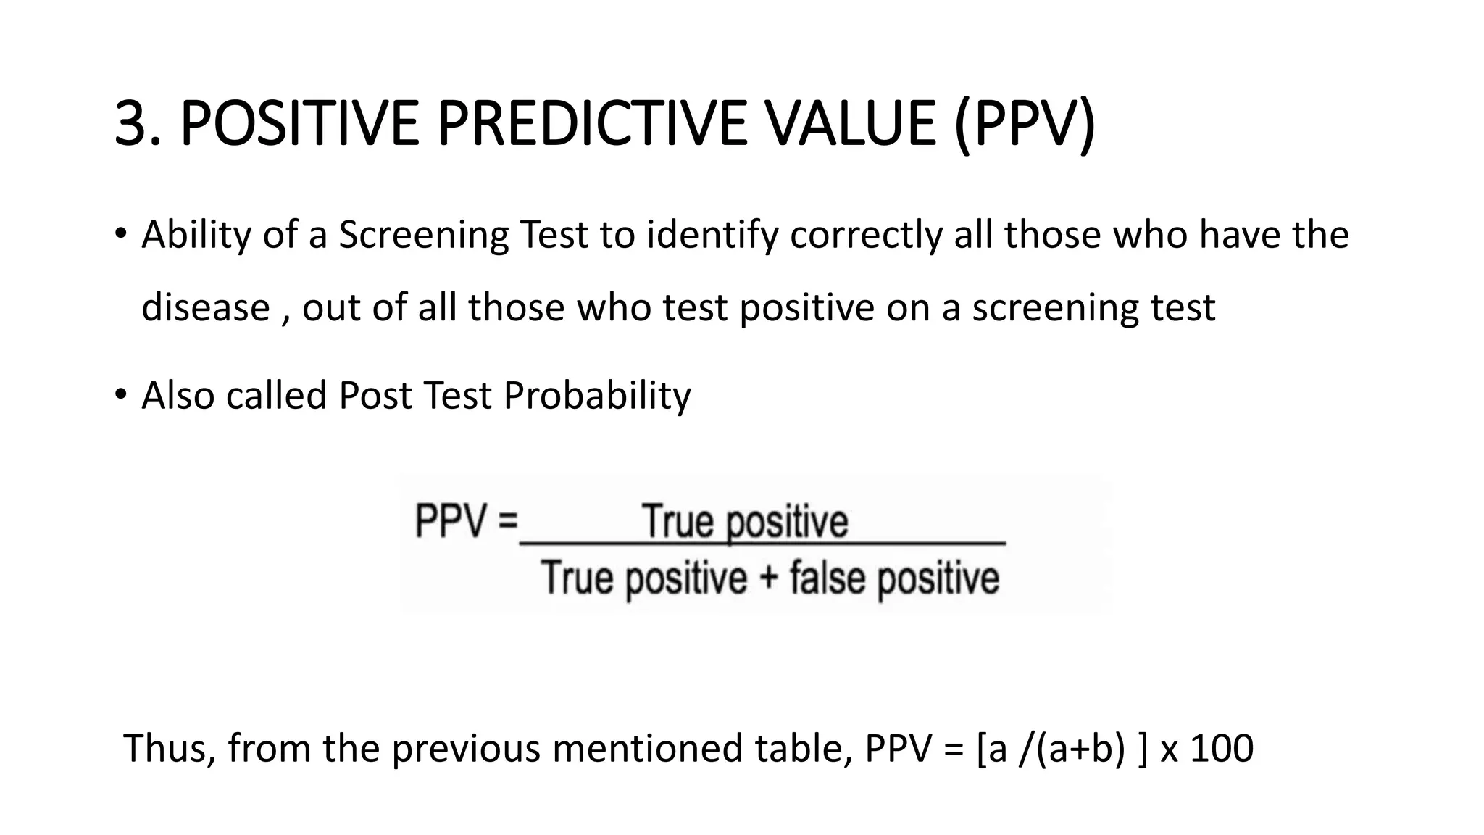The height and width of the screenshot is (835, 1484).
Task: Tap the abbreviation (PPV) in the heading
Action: tap(1025, 123)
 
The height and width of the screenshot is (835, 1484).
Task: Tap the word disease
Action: tap(205, 307)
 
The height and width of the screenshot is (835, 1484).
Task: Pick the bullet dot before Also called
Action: tap(120, 395)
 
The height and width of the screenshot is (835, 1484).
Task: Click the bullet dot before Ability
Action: tap(120, 234)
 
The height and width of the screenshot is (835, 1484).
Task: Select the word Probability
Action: tap(597, 396)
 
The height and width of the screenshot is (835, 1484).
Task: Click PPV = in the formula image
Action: tap(466, 520)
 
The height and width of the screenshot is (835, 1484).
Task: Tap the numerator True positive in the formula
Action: tap(745, 522)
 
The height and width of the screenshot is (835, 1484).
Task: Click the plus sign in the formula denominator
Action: tap(768, 579)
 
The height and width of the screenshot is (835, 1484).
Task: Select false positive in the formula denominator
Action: tap(894, 579)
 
